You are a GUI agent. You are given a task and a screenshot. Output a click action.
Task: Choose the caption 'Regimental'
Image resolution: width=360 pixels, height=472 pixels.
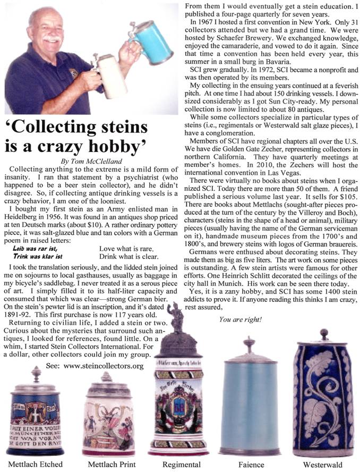point(182,464)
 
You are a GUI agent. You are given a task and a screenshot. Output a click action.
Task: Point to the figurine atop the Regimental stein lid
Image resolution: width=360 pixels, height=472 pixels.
point(179,318)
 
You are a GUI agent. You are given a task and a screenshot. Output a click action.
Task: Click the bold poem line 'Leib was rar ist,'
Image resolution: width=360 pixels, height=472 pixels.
point(37,248)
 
